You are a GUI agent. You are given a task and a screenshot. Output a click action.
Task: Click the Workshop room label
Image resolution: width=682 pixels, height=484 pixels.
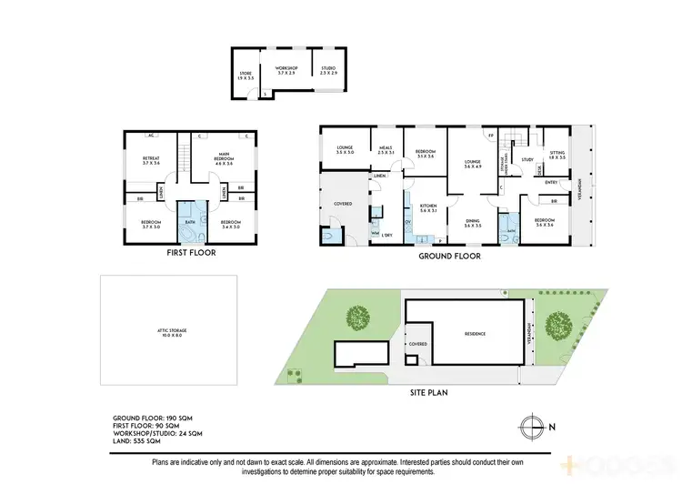(x=286, y=69)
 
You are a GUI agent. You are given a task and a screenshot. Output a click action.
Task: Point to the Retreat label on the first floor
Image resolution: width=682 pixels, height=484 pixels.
(x=150, y=160)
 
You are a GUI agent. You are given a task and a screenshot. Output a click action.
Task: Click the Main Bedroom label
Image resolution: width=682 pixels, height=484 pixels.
(x=223, y=159)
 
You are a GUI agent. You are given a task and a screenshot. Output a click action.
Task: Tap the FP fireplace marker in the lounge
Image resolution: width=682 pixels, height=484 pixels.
(x=491, y=135)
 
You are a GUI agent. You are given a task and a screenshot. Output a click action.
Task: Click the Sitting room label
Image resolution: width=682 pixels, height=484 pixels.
(x=557, y=155)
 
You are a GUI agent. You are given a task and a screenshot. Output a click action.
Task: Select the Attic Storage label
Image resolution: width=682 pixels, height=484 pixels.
(x=169, y=332)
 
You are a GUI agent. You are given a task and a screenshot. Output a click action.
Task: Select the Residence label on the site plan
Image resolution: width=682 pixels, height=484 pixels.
(x=475, y=334)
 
